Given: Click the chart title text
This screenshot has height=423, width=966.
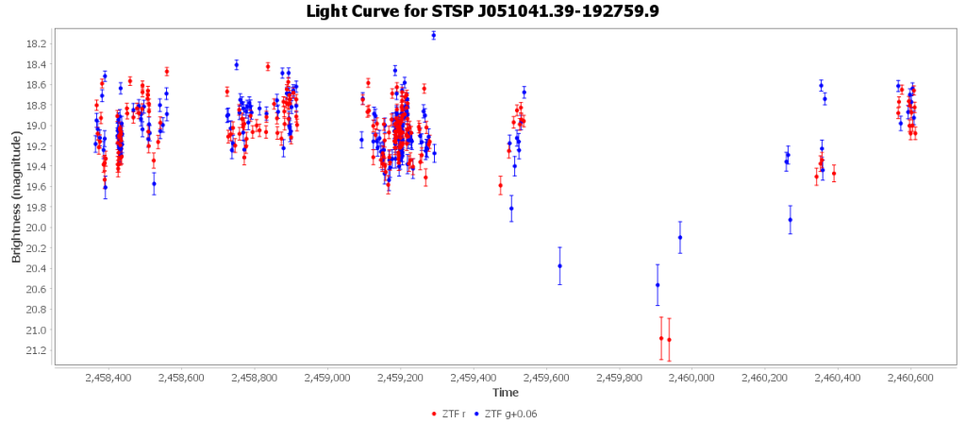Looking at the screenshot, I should point(482,12).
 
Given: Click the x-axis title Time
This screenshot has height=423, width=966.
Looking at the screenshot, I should point(505,392).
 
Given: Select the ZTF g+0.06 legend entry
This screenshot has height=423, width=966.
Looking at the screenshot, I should point(509,414).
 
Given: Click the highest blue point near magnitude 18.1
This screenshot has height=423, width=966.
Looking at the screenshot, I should point(433,35).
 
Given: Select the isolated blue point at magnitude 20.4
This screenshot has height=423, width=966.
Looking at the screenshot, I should point(559,266).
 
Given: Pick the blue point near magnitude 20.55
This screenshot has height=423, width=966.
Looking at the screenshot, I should point(658,285).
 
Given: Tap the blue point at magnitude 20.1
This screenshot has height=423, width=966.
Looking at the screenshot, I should point(680,237).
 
